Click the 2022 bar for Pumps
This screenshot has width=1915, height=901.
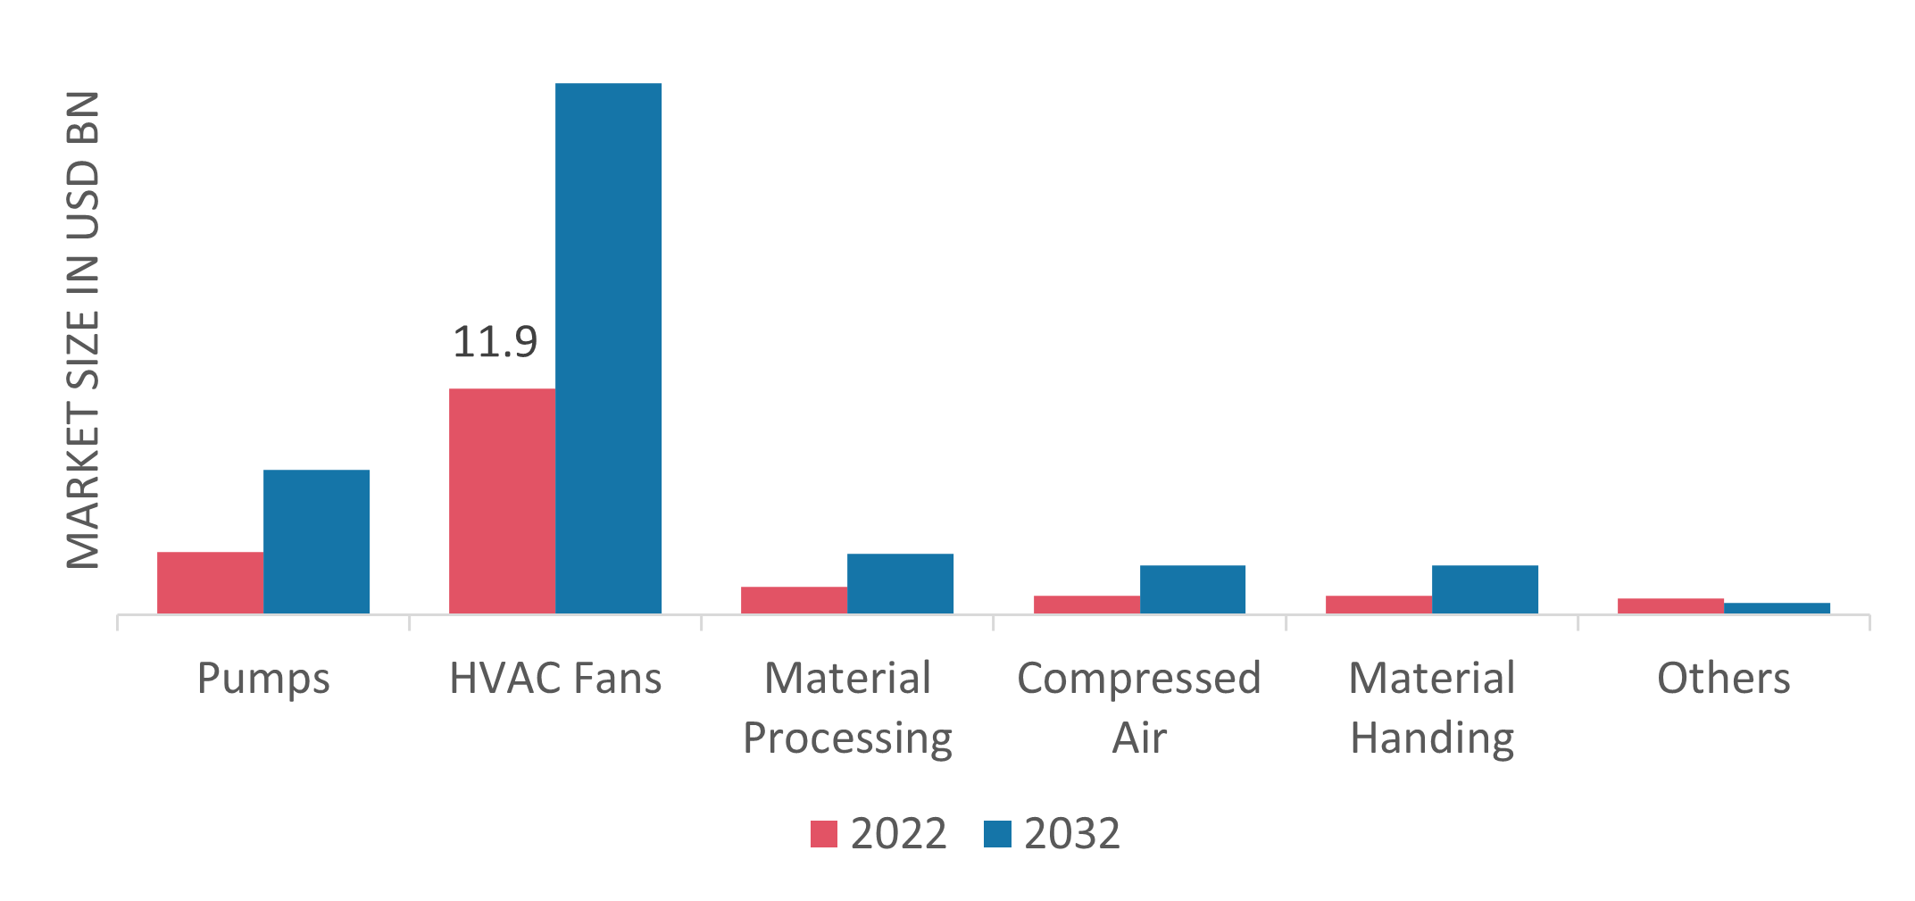coord(210,582)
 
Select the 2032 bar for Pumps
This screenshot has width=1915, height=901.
coord(316,541)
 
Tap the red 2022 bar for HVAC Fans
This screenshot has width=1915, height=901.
coord(502,500)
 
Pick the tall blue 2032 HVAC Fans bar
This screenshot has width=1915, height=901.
coord(608,348)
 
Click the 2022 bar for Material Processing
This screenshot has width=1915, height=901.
coord(794,600)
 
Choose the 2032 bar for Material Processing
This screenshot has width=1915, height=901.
coord(900,583)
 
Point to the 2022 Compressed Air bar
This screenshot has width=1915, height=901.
coord(1087,605)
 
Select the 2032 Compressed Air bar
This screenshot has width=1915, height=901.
coord(1193,589)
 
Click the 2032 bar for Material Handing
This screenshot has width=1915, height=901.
coord(1485,589)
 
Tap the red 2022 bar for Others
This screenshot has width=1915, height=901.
coord(1670,605)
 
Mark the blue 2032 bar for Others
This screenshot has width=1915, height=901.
coord(1777,608)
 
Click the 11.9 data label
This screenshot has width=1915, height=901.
coord(495,343)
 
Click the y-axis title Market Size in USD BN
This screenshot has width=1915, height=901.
coord(83,330)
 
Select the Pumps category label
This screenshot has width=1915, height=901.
coord(263,679)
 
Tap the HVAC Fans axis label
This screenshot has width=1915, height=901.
coord(555,679)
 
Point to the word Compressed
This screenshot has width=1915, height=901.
coord(1139,679)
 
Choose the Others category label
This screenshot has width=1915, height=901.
coord(1723,679)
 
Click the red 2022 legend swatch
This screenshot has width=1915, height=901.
coord(823,834)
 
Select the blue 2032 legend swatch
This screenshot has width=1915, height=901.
coord(997,834)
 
